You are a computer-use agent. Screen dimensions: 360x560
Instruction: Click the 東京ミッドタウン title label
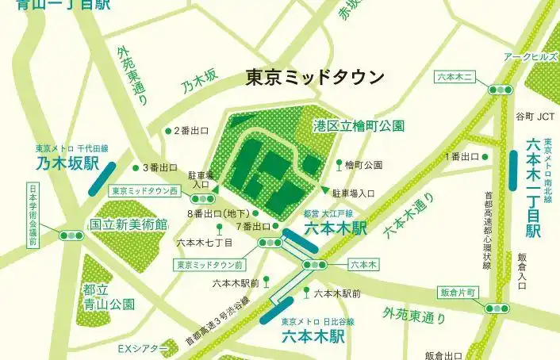[x=315, y=78]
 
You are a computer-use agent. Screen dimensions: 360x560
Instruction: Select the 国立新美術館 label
[x=128, y=224]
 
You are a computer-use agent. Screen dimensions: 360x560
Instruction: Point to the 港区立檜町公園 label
[x=359, y=125]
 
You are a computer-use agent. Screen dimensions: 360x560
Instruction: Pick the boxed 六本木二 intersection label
[x=455, y=77]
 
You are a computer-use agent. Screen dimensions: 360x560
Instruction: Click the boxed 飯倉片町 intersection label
[x=460, y=293]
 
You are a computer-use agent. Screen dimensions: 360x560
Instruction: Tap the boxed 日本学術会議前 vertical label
[x=33, y=215]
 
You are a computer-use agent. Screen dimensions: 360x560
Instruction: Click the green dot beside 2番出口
[x=167, y=131]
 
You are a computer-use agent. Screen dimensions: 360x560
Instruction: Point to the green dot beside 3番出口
[x=136, y=167]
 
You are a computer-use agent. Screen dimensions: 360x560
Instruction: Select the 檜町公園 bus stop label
[x=364, y=165]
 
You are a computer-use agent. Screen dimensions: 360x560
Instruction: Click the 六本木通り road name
[x=408, y=215]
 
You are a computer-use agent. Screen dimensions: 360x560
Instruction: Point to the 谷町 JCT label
[x=535, y=117]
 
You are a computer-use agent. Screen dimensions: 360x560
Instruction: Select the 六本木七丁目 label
[x=204, y=242]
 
